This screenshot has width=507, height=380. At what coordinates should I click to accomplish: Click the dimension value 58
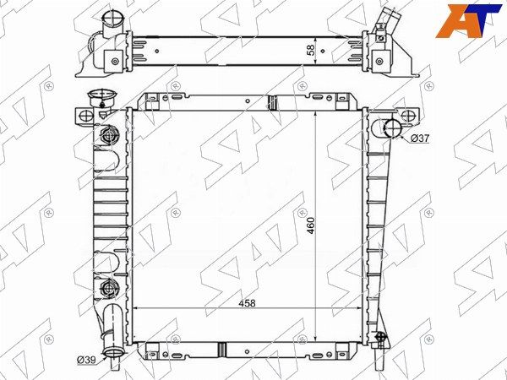click(310, 51)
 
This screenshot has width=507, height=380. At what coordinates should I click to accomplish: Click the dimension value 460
click(311, 225)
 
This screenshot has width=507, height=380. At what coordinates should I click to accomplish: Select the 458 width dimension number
click(247, 304)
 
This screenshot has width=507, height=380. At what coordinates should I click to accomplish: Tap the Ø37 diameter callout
click(420, 138)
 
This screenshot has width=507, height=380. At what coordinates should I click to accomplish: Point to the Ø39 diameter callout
click(87, 360)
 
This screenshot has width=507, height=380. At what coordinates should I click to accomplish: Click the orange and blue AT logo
click(467, 21)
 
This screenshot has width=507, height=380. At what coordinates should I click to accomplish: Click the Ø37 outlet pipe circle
click(392, 128)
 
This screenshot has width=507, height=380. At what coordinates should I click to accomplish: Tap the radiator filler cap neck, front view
click(102, 97)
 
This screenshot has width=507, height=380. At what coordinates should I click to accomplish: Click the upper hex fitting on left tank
click(107, 135)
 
